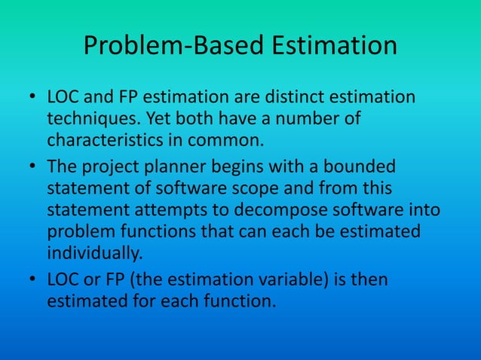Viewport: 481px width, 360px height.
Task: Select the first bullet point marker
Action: click(32, 98)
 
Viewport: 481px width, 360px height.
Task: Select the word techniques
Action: click(93, 119)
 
